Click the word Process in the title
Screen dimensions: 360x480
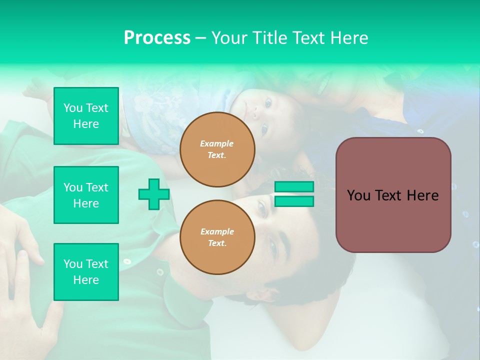pyautogui.click(x=157, y=37)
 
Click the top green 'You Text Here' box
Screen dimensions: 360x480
pyautogui.click(x=86, y=116)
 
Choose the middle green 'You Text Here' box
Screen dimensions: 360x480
pyautogui.click(x=86, y=195)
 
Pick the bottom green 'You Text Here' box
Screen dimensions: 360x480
pyautogui.click(x=86, y=272)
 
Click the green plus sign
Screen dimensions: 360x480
pyautogui.click(x=153, y=194)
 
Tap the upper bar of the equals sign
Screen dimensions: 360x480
pyautogui.click(x=294, y=187)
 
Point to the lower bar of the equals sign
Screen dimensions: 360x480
pyautogui.click(x=294, y=201)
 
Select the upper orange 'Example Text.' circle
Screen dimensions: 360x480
pyautogui.click(x=217, y=149)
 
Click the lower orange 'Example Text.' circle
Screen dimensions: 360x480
pyautogui.click(x=217, y=237)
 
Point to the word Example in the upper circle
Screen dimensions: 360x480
pyautogui.click(x=217, y=143)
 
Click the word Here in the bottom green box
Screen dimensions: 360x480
pyautogui.click(x=86, y=280)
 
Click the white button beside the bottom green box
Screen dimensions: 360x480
pyautogui.click(x=127, y=261)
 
